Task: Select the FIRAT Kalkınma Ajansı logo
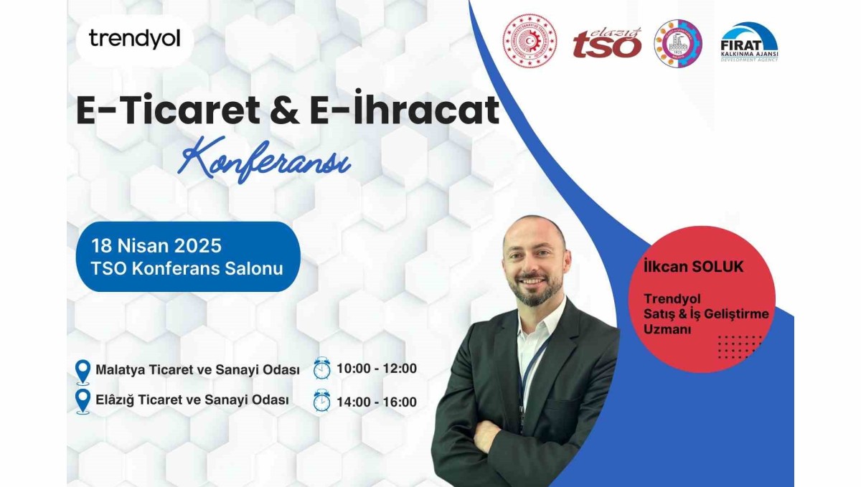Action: point(749,42)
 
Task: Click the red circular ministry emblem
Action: point(530,41)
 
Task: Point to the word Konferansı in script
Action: point(265,159)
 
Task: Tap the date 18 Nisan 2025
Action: point(156,245)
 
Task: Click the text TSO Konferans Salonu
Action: point(187,269)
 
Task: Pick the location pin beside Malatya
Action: point(83,372)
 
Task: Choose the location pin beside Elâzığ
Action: point(83,401)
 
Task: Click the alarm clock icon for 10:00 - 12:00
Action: point(322,368)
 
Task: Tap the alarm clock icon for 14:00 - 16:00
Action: point(322,400)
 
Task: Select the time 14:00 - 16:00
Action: point(377,402)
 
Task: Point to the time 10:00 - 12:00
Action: point(377,369)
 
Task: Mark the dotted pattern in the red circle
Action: point(740,346)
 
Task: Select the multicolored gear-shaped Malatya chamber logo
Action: point(677,42)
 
